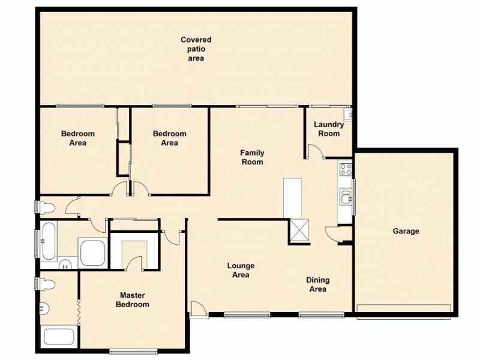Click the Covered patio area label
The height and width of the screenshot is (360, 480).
pyautogui.click(x=196, y=49)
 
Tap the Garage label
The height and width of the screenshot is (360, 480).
pyautogui.click(x=406, y=231)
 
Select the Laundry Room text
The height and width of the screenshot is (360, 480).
pyautogui.click(x=329, y=129)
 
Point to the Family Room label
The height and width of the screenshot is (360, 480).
pyautogui.click(x=252, y=157)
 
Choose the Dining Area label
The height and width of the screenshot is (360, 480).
pyautogui.click(x=317, y=284)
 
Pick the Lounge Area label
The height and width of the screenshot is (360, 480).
pyautogui.click(x=241, y=270)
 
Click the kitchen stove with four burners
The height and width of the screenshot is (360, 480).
pyautogui.click(x=346, y=169)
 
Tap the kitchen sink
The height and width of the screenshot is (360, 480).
pyautogui.click(x=346, y=196)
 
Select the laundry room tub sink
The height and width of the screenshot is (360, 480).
pyautogui.click(x=347, y=113)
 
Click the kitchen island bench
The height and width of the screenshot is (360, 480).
pyautogui.click(x=292, y=197)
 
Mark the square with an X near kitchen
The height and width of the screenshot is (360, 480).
pyautogui.click(x=299, y=230)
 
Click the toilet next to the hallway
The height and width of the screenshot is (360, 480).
pyautogui.click(x=46, y=208)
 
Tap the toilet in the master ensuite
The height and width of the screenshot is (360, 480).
pyautogui.click(x=46, y=284)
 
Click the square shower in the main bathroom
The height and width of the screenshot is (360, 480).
pyautogui.click(x=92, y=252)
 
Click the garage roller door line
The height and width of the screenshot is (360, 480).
pyautogui.click(x=404, y=308)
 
